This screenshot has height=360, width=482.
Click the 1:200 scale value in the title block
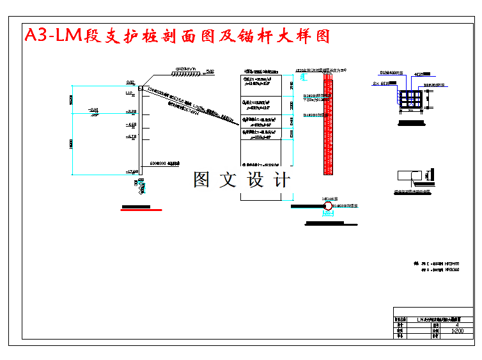click(x=456, y=331)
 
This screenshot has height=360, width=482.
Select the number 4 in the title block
click(x=456, y=325)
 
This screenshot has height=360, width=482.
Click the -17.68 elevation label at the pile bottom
click(x=132, y=171)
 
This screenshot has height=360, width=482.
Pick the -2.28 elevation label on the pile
click(x=132, y=112)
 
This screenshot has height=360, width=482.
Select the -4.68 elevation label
click(x=132, y=124)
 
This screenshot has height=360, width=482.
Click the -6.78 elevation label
click(x=132, y=136)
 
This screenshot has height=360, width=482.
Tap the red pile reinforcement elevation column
click(x=328, y=121)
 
